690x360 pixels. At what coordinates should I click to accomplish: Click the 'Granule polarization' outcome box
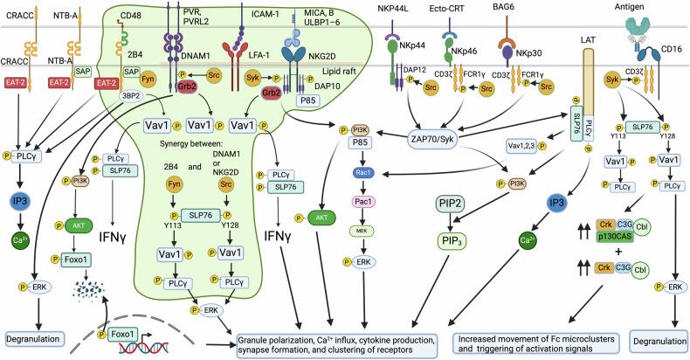tap(340, 343)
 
